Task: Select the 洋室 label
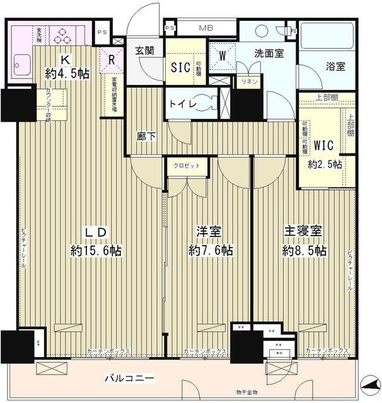tap(211, 232)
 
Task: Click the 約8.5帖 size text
tap(304, 251)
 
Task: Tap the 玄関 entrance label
tap(144, 51)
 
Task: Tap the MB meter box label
tap(206, 28)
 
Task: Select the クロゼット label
tap(186, 165)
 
